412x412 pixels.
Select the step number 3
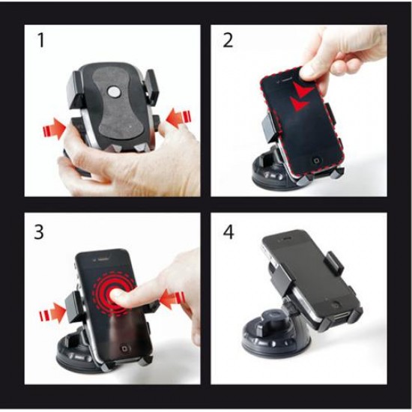click(x=39, y=231)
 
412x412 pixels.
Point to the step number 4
click(x=228, y=231)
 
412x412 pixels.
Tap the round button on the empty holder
click(x=114, y=92)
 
